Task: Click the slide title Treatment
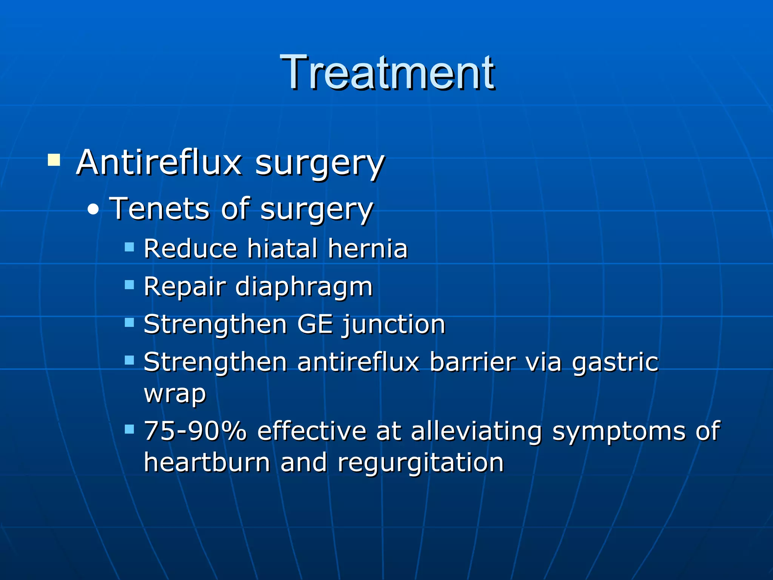coord(387,72)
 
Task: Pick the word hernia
coord(368,249)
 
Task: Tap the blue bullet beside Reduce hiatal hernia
coord(129,247)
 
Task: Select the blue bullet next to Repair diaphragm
coord(129,285)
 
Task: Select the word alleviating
coord(476,432)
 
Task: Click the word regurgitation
coord(420,463)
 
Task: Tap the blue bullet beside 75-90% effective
coord(129,429)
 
